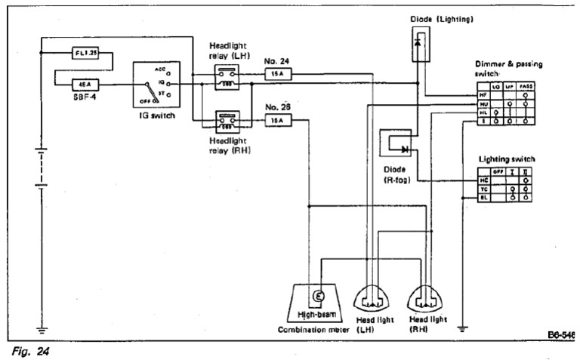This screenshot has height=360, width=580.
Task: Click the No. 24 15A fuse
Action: [x=279, y=75]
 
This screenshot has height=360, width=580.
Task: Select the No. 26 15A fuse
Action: [x=279, y=119]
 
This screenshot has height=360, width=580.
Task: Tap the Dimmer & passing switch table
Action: [x=504, y=104]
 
